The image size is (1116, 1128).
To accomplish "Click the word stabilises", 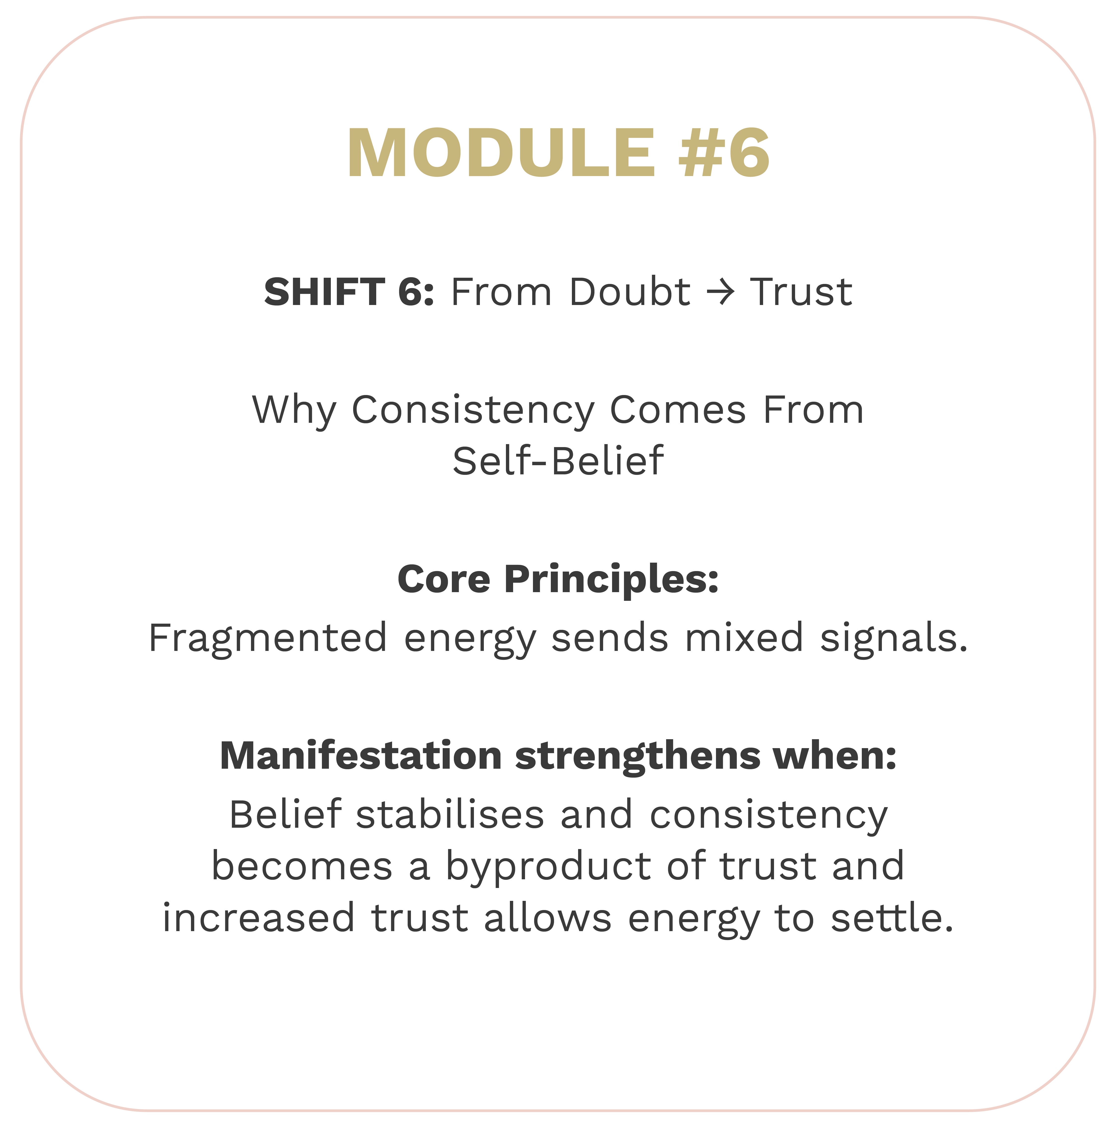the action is pyautogui.click(x=450, y=815).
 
